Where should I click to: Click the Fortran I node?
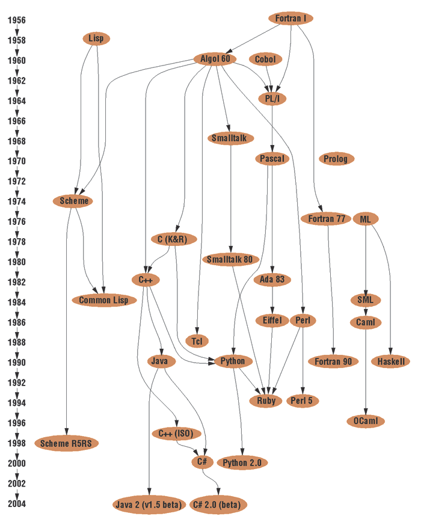(x=291, y=19)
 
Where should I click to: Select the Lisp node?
(x=96, y=38)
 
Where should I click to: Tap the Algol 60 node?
(x=215, y=59)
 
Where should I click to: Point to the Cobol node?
(x=266, y=60)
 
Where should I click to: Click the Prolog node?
(x=336, y=159)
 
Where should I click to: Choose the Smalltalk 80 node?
(x=230, y=259)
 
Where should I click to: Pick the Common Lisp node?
(x=104, y=300)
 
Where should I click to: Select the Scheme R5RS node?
(x=66, y=443)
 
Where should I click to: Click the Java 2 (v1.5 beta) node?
(x=149, y=505)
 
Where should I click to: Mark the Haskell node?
(x=391, y=361)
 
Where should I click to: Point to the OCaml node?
(x=366, y=421)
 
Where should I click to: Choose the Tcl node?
(x=197, y=341)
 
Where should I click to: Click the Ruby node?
(x=266, y=401)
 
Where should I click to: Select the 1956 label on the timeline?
(x=17, y=20)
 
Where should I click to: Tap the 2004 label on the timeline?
(x=17, y=504)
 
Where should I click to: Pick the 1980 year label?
(x=17, y=262)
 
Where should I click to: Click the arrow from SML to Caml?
(x=366, y=312)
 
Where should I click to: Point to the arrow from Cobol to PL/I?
(x=269, y=79)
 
